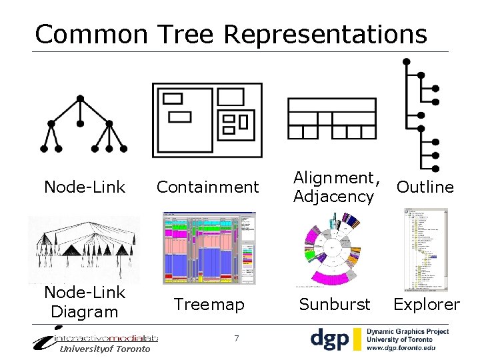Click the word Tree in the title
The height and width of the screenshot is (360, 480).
[189, 34]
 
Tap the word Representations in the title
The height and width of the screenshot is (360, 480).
[325, 34]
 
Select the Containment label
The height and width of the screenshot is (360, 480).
[207, 187]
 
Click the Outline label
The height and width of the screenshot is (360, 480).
[425, 187]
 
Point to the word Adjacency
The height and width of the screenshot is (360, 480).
[333, 197]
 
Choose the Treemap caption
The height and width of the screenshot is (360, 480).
[209, 305]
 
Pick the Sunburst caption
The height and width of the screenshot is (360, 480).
[334, 305]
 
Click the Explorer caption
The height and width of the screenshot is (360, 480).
[427, 305]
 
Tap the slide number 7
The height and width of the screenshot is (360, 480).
[237, 339]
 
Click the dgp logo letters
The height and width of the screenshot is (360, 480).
[330, 339]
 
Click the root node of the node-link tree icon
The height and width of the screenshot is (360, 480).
[80, 99]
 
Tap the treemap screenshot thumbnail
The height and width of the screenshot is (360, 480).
[209, 249]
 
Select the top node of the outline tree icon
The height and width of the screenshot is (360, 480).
[406, 61]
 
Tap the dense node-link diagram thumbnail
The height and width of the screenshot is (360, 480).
[83, 249]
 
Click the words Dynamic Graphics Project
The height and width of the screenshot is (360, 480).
[408, 331]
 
